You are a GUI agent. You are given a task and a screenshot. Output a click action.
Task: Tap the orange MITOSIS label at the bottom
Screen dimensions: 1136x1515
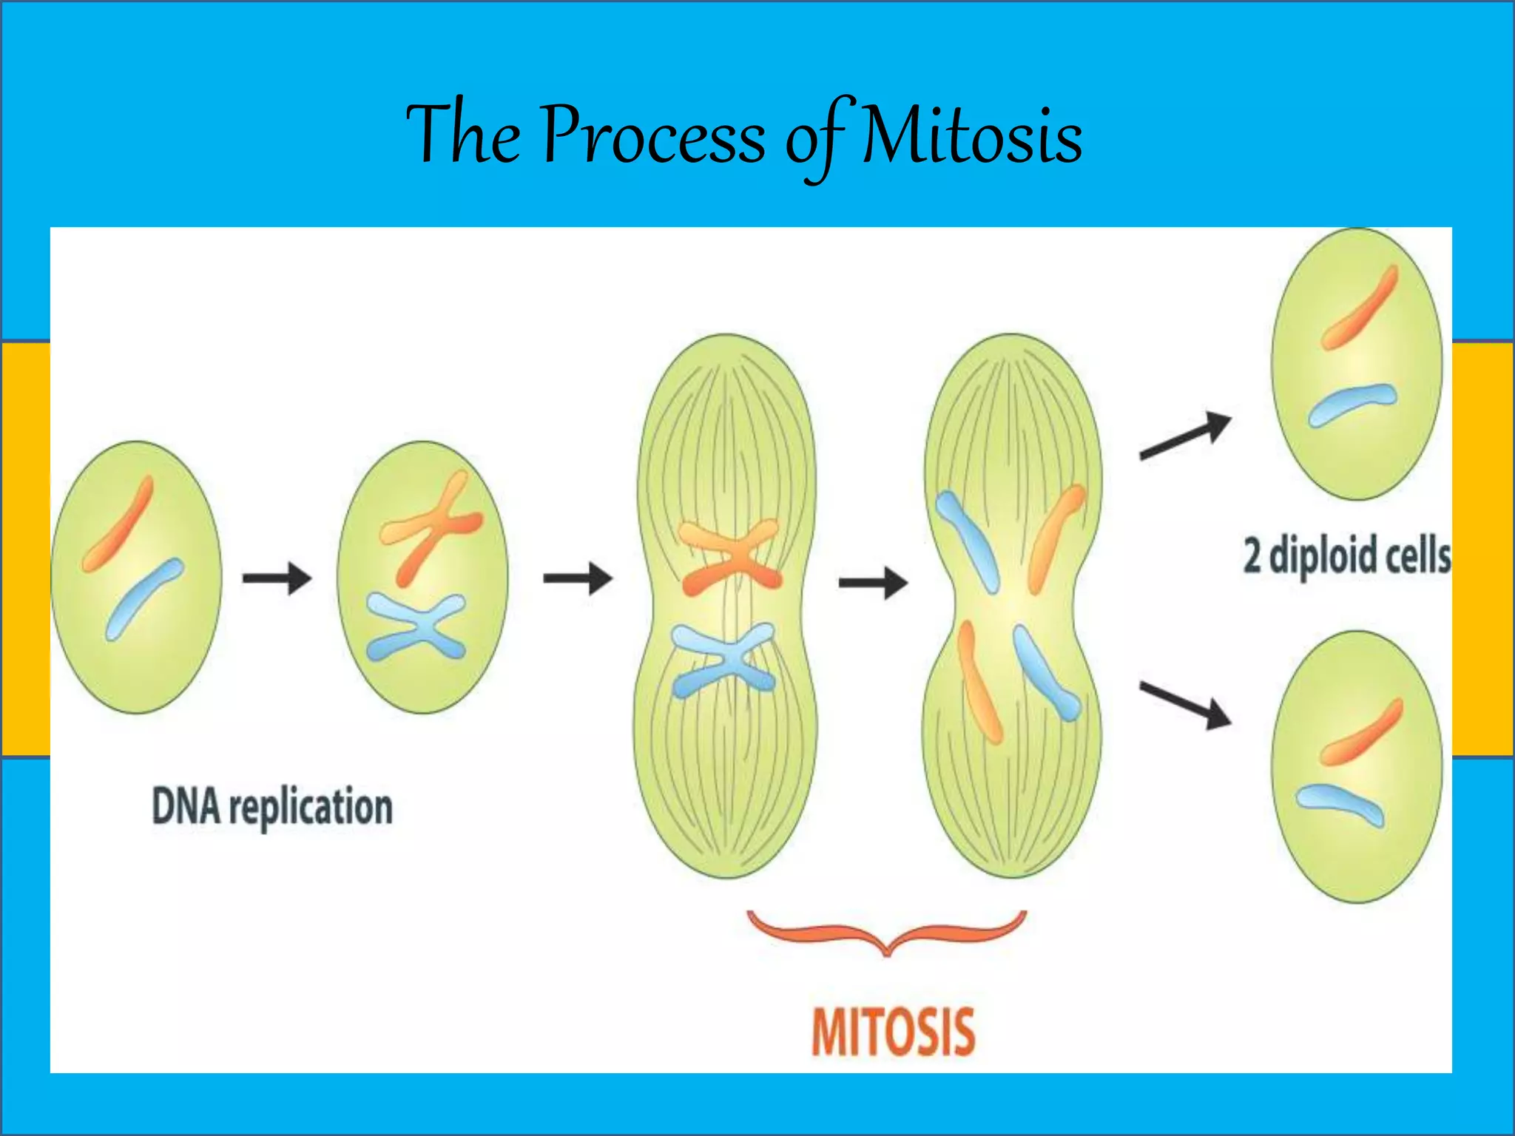click(893, 1032)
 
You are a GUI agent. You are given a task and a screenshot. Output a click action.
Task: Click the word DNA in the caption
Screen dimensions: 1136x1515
click(186, 806)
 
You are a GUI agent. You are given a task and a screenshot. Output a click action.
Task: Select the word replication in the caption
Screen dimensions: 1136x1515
click(311, 808)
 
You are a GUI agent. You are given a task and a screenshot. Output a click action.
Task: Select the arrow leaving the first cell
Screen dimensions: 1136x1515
click(277, 578)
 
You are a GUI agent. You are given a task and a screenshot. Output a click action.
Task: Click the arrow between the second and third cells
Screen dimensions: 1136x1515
click(578, 578)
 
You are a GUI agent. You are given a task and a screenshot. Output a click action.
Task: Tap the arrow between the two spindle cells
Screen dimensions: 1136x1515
click(873, 583)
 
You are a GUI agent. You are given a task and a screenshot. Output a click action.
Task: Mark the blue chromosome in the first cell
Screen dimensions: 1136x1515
click(144, 599)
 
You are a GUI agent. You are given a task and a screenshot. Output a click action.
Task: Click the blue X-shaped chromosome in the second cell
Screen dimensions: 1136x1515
click(416, 628)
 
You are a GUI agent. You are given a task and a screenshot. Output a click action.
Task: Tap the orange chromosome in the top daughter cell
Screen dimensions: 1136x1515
click(1360, 308)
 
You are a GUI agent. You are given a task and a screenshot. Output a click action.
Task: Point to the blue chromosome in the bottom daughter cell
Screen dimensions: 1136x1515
click(1339, 804)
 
